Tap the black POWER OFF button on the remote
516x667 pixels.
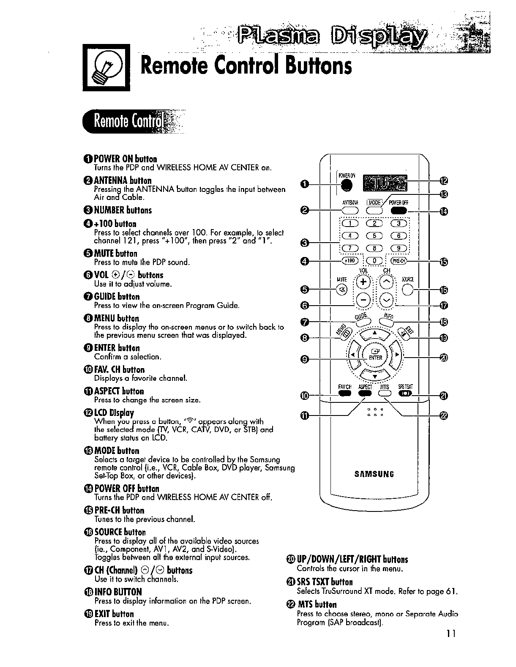pyautogui.click(x=399, y=211)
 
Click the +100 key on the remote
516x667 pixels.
pyautogui.click(x=349, y=261)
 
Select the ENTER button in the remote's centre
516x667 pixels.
pyautogui.click(x=375, y=354)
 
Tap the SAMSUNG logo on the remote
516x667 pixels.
pyautogui.click(x=375, y=474)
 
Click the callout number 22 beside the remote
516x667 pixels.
pyautogui.click(x=443, y=416)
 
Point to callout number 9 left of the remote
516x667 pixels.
pyautogui.click(x=303, y=359)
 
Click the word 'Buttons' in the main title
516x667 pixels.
pyautogui.click(x=310, y=66)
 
